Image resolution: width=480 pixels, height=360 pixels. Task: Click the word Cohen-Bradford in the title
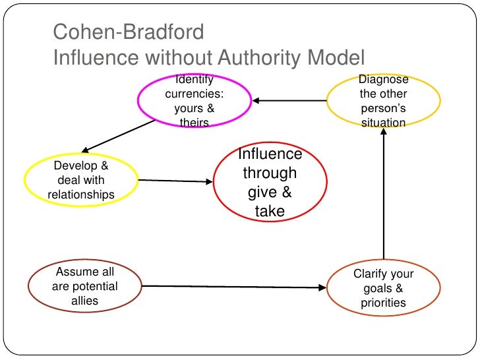[x=129, y=32]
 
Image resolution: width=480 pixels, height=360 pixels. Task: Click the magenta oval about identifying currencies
[x=194, y=101]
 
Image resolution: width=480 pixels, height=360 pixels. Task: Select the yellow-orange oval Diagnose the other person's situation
[x=384, y=101]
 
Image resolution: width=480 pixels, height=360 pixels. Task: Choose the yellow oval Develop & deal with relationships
[x=81, y=180]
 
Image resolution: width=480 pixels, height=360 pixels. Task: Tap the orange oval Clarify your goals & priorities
[x=383, y=289]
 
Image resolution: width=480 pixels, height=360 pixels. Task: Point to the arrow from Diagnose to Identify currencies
[x=290, y=101]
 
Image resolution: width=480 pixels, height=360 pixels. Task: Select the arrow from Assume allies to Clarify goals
[x=234, y=287]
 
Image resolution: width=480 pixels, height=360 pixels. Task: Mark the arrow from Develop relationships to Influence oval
[x=175, y=181]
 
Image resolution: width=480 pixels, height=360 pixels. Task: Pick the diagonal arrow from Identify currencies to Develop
[x=119, y=135]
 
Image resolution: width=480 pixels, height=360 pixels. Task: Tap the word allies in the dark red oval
[x=84, y=301]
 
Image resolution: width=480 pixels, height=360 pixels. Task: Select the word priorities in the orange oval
[x=383, y=303]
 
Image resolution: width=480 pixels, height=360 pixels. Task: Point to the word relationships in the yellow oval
[x=81, y=195]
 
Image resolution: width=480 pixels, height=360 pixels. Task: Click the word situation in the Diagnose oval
[x=384, y=123]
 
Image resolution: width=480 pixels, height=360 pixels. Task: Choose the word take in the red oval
[x=270, y=211]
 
